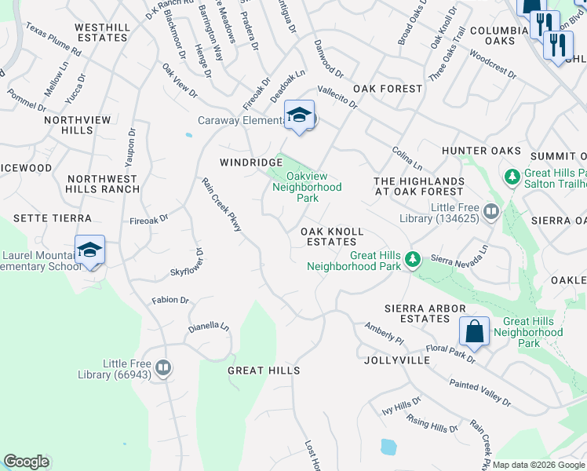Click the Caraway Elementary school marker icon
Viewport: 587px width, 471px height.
299,116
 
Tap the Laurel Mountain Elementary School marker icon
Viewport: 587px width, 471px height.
90,251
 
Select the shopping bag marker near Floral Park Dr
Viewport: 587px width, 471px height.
475,331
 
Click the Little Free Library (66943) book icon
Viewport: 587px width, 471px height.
163,367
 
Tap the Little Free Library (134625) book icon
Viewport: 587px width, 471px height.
491,210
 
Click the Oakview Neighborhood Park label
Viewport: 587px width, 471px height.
307,188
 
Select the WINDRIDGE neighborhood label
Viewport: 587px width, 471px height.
250,162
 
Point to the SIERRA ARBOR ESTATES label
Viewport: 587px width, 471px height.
425,313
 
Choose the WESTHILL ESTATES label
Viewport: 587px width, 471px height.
102,32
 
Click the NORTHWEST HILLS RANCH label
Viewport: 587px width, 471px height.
101,184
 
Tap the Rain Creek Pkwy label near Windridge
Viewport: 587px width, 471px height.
222,204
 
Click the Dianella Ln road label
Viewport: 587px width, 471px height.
208,327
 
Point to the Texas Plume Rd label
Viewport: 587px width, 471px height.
53,38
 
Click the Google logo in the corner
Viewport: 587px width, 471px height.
26,462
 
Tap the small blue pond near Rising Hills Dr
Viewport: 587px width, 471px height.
388,447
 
